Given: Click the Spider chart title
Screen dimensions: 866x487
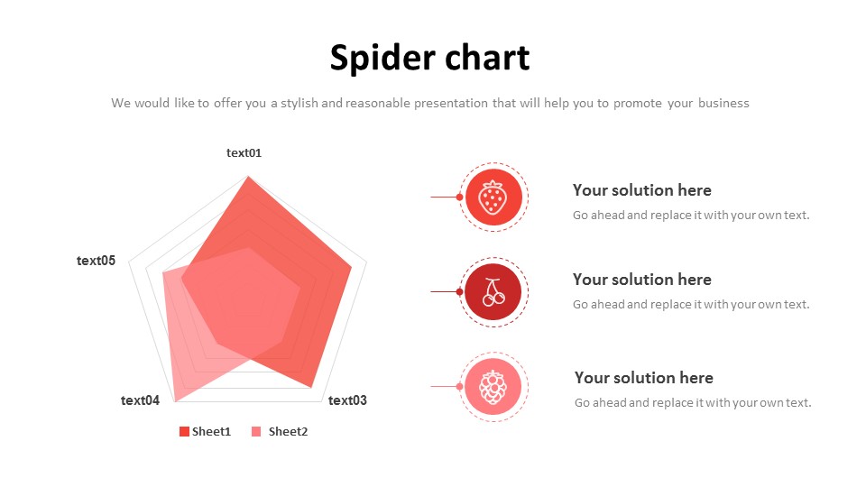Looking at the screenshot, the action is [429, 58].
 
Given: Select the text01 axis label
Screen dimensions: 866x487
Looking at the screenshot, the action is [244, 153].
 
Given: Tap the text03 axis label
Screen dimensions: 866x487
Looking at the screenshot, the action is [347, 400].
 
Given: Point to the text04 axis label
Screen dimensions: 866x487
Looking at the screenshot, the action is [141, 400].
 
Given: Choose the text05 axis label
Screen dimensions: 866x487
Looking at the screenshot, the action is [97, 261].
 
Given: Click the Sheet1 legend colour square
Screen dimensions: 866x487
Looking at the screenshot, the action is [184, 432].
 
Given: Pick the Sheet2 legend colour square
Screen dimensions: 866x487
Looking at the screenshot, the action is [256, 432].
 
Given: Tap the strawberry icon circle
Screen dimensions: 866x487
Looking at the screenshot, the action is [493, 198].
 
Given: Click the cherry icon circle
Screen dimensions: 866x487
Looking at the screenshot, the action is [493, 292].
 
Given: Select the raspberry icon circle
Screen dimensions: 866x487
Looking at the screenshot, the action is [493, 387].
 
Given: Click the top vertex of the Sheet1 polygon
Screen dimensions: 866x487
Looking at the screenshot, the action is [248, 176].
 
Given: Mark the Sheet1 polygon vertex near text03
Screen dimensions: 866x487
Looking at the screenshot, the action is [311, 388].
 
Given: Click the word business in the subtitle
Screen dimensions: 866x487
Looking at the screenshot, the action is [723, 103].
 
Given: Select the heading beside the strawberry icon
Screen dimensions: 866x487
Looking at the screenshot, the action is [641, 190].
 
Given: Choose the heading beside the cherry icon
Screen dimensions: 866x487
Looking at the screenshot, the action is [641, 280].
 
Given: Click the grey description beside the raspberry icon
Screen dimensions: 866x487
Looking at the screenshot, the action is [693, 403].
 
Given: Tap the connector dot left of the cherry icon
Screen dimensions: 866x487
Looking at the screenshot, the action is [459, 291].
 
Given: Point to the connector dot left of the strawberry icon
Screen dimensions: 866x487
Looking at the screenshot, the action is [459, 197].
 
